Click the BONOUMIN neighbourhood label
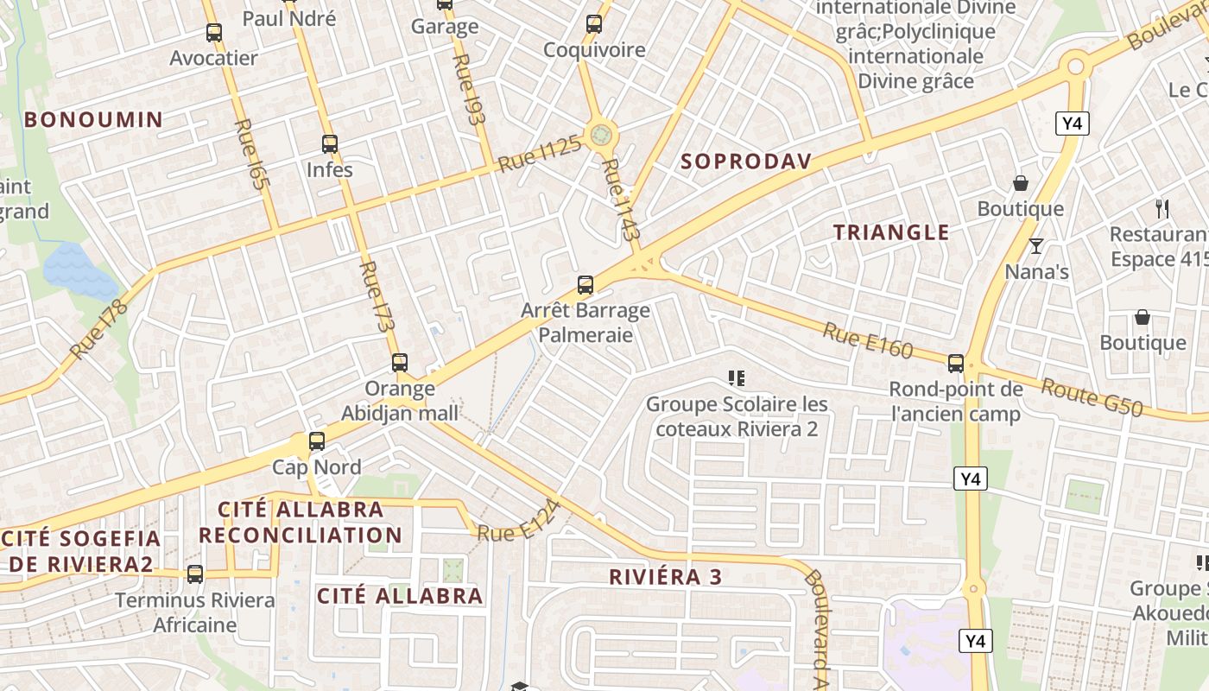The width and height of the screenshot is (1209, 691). point(93,119)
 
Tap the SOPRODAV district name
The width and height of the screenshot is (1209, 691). point(746,162)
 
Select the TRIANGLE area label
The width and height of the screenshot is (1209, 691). point(891,232)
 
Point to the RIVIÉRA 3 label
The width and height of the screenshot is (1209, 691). point(665,577)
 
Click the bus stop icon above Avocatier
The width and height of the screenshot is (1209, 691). point(214,34)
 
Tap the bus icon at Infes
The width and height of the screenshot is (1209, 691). point(329,144)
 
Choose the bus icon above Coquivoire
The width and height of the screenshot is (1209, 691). point(594,24)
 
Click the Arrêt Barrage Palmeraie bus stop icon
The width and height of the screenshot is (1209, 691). point(586,285)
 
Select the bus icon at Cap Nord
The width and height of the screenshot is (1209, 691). point(317,441)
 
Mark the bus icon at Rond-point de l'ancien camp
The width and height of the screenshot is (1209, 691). point(956,364)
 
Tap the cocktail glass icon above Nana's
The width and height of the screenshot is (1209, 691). point(1036,246)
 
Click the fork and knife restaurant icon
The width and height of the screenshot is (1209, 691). point(1162,208)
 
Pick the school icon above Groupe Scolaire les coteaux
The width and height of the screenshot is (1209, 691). point(737,377)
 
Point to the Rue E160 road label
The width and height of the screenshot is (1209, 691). point(867,340)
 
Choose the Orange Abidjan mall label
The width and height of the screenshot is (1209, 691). point(400,401)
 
